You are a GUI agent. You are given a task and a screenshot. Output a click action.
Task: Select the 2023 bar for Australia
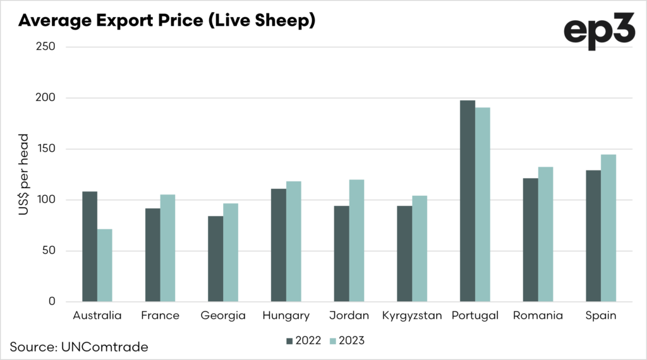click(x=105, y=265)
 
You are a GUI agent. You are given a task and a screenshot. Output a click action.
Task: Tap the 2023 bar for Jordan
click(x=356, y=241)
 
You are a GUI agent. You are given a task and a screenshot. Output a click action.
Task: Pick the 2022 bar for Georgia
click(x=216, y=259)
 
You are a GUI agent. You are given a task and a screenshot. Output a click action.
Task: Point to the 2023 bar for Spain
click(x=608, y=228)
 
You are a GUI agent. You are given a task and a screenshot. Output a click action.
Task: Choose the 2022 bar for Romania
click(x=530, y=240)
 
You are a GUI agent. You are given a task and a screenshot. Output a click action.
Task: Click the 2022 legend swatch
click(x=289, y=341)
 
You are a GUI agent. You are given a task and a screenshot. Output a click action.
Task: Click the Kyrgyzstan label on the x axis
click(x=412, y=316)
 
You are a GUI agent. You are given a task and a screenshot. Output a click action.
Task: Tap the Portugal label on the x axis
click(x=475, y=316)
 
